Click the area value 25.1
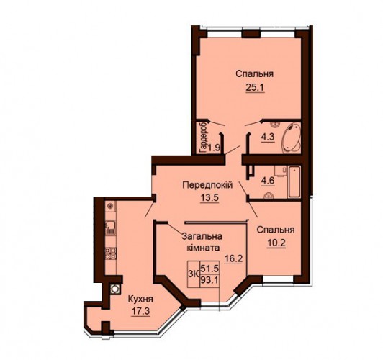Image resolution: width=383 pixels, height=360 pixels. tap(256, 87)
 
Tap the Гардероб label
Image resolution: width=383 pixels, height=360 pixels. tap(203, 138)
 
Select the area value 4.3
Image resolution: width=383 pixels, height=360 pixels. tap(268, 137)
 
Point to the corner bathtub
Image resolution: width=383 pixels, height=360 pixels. tap(291, 138)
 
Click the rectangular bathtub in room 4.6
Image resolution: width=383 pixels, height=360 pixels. tap(294, 181)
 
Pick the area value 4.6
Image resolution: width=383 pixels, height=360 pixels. tap(269, 181)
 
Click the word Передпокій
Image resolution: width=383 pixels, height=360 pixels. tap(207, 186)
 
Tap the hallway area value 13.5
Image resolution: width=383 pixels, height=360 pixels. tap(209, 197)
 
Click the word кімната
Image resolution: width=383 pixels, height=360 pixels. tap(203, 248)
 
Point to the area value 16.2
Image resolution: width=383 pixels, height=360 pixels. tap(234, 258)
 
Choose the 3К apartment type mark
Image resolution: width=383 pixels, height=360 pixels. tap(193, 274)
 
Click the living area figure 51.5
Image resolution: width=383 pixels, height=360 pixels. tap(209, 269)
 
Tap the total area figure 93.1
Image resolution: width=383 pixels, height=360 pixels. tap(209, 280)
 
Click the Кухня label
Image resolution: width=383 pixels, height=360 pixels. tap(140, 299)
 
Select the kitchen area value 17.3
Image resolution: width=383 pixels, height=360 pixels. tap(140, 311)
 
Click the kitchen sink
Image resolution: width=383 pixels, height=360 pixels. tap(110, 228)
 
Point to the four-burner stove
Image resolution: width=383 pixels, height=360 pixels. tap(111, 253)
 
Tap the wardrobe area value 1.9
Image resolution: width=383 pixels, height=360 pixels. tap(215, 148)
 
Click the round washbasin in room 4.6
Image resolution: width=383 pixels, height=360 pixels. tap(269, 195)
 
